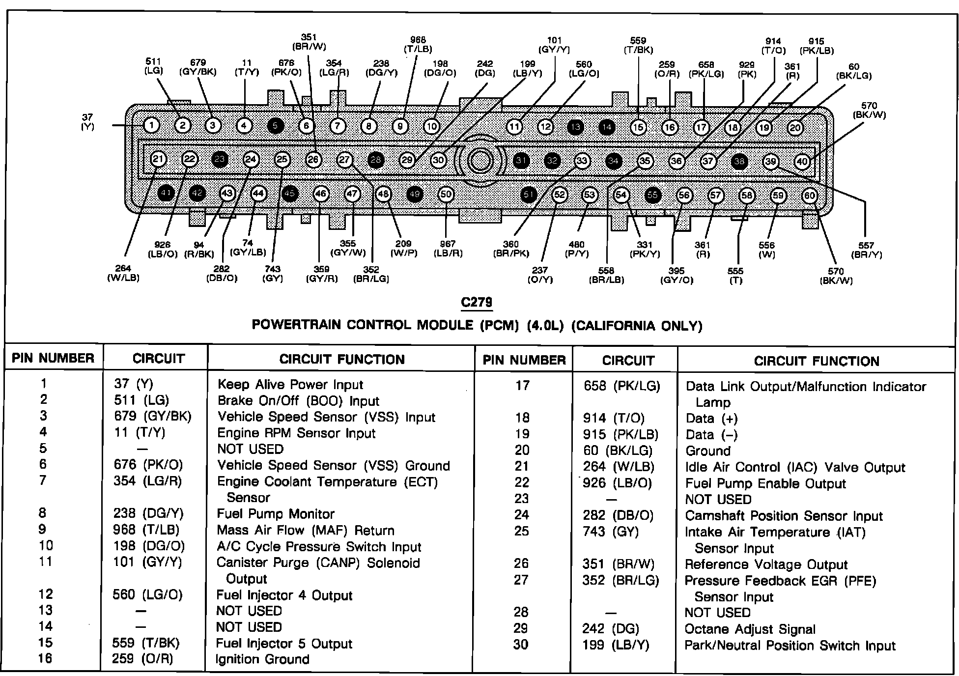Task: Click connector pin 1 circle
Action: click(x=152, y=126)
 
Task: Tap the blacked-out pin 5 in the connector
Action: click(x=275, y=126)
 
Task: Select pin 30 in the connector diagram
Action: click(x=438, y=160)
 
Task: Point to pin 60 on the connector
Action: click(x=809, y=196)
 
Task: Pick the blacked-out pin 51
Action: click(x=528, y=195)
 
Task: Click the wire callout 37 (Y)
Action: click(x=87, y=122)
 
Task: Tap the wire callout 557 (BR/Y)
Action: click(x=866, y=250)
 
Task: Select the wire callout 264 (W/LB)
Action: click(x=123, y=273)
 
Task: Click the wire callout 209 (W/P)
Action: click(x=403, y=249)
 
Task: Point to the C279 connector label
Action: click(x=477, y=302)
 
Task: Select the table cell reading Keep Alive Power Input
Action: click(x=290, y=385)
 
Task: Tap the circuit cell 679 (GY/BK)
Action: click(x=152, y=416)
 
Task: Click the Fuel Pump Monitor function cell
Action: click(x=275, y=514)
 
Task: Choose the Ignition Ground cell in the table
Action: click(x=262, y=659)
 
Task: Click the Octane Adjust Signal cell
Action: click(x=750, y=629)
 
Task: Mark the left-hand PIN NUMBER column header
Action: click(x=53, y=358)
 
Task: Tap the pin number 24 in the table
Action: click(x=522, y=515)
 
